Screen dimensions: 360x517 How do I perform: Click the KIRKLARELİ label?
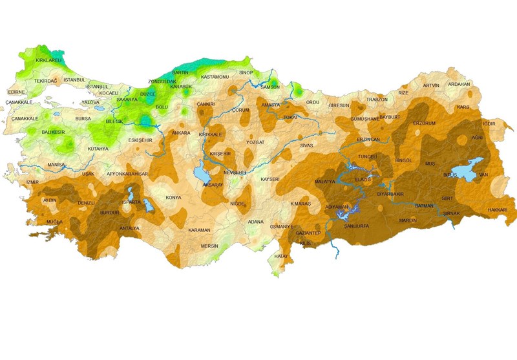(48, 60)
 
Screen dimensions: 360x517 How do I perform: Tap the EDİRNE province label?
(16, 92)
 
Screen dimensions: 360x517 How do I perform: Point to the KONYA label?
(173, 197)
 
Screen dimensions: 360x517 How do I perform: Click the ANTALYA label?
(130, 228)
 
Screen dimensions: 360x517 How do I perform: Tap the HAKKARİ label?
(497, 210)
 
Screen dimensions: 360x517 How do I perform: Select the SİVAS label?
(306, 145)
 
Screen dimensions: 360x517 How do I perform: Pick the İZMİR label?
(32, 182)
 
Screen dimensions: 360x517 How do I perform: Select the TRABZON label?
(377, 100)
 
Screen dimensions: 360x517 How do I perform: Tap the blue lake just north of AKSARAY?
(200, 175)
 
